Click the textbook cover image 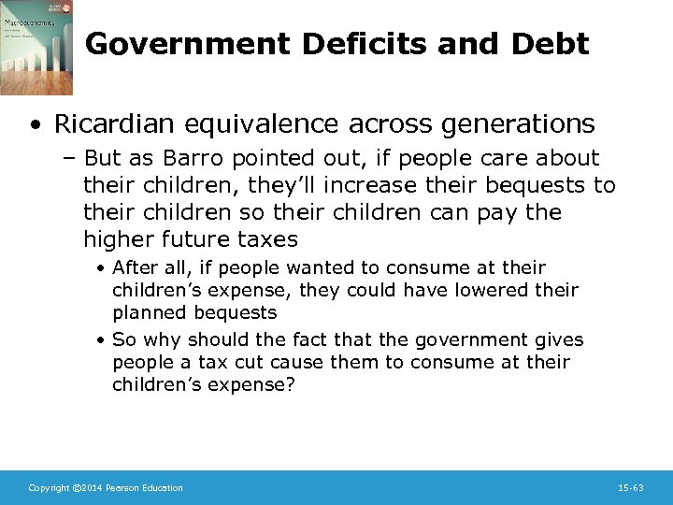pos(36,48)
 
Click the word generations pos(512,123)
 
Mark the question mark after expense pos(290,384)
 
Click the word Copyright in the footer pos(48,487)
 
